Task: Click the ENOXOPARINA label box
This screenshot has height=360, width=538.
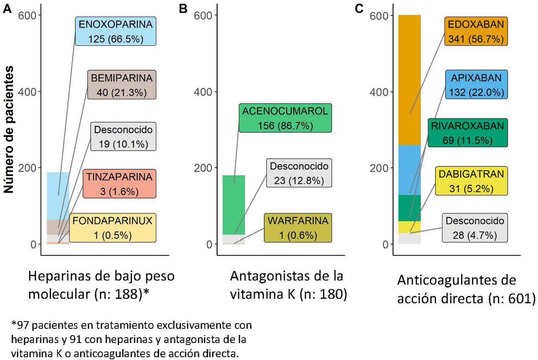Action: pos(116,31)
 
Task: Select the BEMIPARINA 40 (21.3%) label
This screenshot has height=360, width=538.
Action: pos(122,85)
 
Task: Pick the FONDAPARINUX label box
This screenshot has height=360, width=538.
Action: pos(113,228)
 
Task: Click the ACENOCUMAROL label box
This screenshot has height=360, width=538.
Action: pos(285,118)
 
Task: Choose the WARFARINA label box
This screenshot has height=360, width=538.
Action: pos(298,228)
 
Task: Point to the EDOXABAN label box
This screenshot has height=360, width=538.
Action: pos(475,31)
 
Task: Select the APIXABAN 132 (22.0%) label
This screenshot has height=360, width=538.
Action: pos(475,85)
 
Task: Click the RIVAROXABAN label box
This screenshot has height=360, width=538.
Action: pos(467,133)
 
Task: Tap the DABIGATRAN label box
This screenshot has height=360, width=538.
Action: pos(471,181)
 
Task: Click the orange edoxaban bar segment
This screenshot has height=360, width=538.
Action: pos(410,80)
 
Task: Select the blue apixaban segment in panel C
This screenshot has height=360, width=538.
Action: pos(410,169)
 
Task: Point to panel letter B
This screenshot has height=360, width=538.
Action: pos(183,8)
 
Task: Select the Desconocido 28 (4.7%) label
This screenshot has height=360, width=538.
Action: pos(475,228)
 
